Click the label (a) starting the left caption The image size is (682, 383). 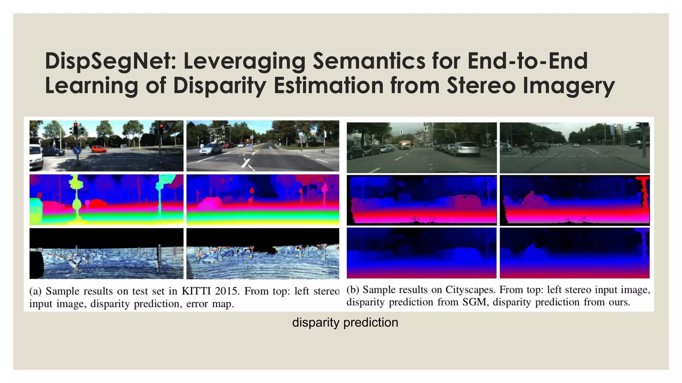[35, 291]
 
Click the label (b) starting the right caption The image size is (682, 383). [353, 290]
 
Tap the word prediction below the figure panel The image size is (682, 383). [371, 322]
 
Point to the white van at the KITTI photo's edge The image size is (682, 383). [36, 156]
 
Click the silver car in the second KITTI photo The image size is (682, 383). [211, 149]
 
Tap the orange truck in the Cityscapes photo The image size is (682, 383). [404, 144]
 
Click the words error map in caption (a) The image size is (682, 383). [210, 304]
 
